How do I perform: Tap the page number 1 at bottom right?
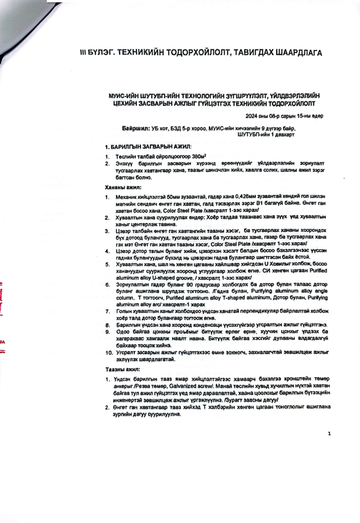pyautogui.click(x=329, y=434)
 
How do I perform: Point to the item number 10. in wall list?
pyautogui.click(x=109, y=353)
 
